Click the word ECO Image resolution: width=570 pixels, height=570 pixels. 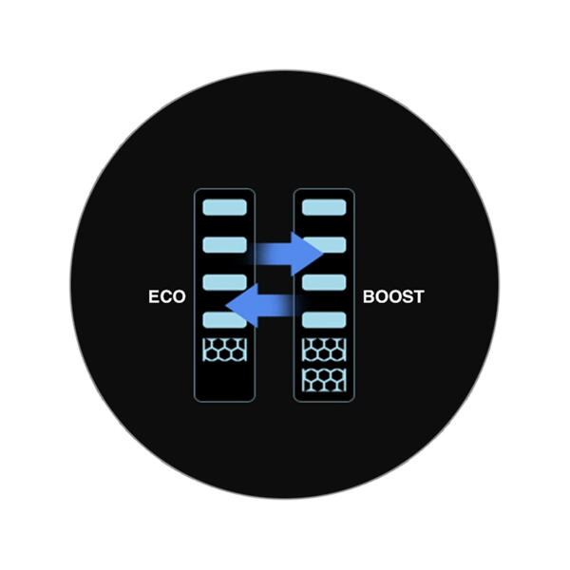pyautogui.click(x=166, y=296)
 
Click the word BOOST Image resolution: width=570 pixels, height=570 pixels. pyautogui.click(x=393, y=296)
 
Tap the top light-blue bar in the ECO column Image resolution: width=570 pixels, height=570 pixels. pyautogui.click(x=225, y=207)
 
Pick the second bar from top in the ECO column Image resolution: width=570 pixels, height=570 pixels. pyautogui.click(x=225, y=245)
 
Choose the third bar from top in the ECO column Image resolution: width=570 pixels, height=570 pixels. pyautogui.click(x=225, y=282)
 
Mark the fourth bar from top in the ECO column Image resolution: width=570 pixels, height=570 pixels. pyautogui.click(x=225, y=320)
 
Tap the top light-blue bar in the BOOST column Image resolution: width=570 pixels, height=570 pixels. pyautogui.click(x=324, y=207)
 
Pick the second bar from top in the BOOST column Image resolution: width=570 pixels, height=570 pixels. pyautogui.click(x=324, y=245)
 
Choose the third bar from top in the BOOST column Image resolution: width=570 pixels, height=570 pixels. pyautogui.click(x=324, y=282)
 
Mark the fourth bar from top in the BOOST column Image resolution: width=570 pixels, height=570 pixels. pyautogui.click(x=324, y=320)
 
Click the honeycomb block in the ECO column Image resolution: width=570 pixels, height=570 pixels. pyautogui.click(x=225, y=349)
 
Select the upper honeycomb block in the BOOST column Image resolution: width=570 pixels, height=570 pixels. pyautogui.click(x=324, y=349)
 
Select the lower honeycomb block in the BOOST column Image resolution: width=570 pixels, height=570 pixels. pyautogui.click(x=324, y=381)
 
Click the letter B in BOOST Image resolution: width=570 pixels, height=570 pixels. pyautogui.click(x=370, y=296)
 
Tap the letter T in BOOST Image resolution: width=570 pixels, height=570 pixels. pyautogui.click(x=419, y=296)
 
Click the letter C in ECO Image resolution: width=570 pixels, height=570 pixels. pyautogui.click(x=166, y=296)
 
